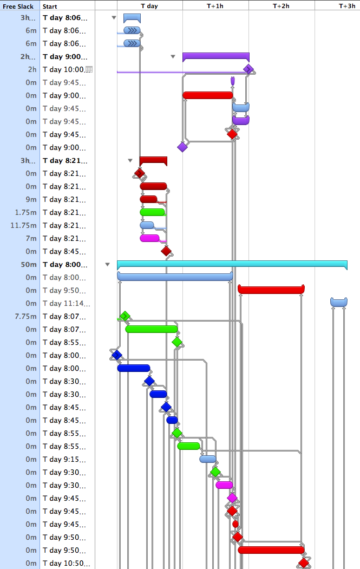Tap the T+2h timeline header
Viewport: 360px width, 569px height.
point(281,6)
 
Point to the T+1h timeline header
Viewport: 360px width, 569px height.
point(215,6)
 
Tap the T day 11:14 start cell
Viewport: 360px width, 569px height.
point(67,304)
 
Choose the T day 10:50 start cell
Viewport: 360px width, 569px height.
point(67,564)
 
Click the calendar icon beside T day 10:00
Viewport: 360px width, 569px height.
point(89,70)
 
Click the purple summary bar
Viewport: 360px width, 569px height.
point(215,56)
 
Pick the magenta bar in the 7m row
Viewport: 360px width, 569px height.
point(149,238)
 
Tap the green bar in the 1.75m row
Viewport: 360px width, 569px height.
point(152,212)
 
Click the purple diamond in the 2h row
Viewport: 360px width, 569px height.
point(248,69)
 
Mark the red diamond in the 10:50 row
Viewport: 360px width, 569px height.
point(304,563)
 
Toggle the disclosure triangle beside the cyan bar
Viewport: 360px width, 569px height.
point(107,265)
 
